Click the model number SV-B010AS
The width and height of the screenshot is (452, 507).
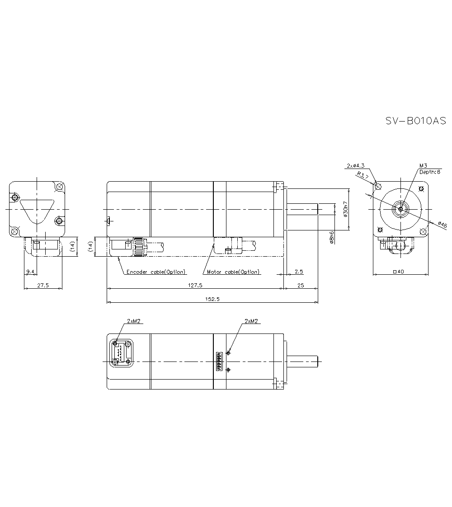tap(415, 121)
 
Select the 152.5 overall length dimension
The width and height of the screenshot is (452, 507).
tap(212, 299)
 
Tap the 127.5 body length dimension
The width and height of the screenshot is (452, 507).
tap(195, 285)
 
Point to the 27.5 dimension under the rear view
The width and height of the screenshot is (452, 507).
tap(43, 285)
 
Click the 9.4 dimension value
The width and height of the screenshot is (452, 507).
tap(30, 271)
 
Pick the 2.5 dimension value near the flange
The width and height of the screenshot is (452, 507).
tap(298, 272)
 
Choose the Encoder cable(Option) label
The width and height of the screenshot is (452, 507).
tap(156, 272)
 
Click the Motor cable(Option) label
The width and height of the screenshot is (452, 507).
tap(233, 272)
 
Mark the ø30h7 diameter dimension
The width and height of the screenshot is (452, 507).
tap(346, 210)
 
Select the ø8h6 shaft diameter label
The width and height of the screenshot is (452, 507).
tap(332, 238)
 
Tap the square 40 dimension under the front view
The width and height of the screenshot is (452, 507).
tap(400, 272)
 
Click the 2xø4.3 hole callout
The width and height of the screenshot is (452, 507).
tap(355, 165)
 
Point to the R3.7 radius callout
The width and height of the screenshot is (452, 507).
tap(363, 175)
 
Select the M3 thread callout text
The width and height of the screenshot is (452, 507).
tap(423, 165)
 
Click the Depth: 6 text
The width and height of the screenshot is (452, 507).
tap(429, 172)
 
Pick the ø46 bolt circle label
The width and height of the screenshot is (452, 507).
tap(442, 225)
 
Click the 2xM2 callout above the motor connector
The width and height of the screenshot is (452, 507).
tap(251, 321)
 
